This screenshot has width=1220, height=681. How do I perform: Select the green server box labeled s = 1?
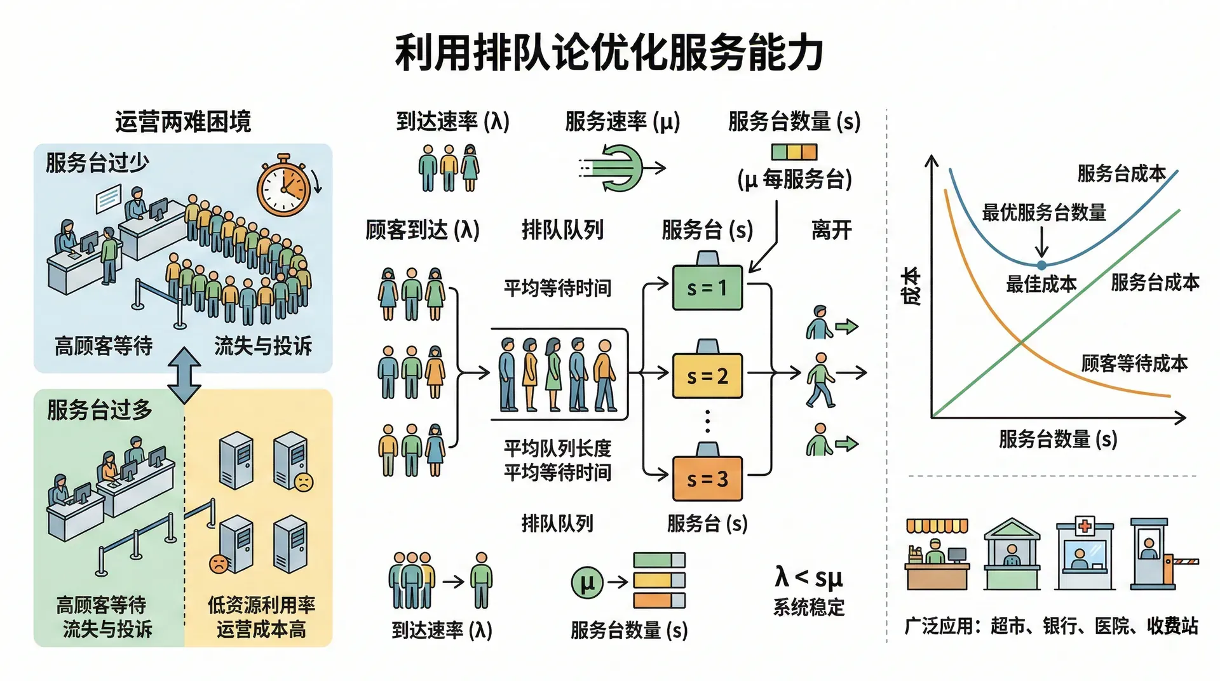coord(707,288)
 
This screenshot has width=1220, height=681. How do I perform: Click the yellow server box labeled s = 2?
coord(707,376)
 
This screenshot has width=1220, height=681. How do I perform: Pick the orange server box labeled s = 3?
coord(707,478)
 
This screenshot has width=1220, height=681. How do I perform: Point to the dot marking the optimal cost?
coord(1041,265)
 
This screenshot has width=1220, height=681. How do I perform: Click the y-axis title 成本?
coord(912,286)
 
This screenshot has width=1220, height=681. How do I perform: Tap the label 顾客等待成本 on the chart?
coord(1134,363)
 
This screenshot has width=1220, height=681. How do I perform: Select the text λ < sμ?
coord(808,577)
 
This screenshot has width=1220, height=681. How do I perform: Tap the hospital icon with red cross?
coord(1084,555)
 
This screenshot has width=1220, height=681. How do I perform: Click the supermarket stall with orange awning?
coord(937,555)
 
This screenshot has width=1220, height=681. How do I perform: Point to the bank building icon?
coord(1012,555)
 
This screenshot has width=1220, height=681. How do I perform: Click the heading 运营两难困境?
coord(183,121)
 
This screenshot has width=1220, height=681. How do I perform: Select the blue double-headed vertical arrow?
coord(184,375)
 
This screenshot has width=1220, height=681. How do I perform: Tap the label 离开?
coord(831,230)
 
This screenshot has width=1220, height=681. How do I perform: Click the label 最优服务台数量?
coord(1044,213)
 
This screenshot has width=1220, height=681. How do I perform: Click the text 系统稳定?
coord(808,608)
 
